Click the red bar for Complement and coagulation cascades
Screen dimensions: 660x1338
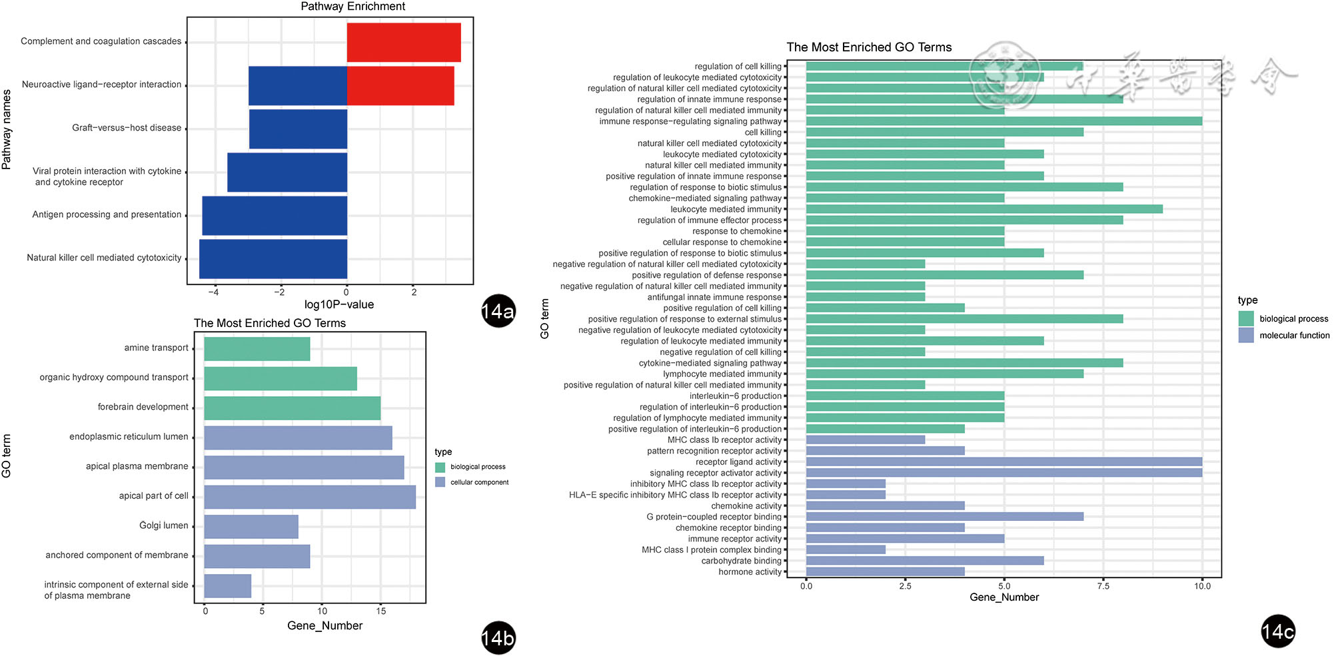404,42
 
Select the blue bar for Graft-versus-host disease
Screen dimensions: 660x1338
298,129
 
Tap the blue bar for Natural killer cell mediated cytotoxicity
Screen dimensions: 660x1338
273,258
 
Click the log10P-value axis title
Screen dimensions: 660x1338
338,304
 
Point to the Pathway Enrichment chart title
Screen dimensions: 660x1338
352,7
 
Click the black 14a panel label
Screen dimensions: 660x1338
498,311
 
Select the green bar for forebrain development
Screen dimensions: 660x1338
292,408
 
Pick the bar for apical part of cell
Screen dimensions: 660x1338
310,497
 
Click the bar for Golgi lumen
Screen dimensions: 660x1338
251,526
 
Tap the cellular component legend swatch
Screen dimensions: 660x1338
440,482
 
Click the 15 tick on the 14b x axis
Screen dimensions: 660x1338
380,611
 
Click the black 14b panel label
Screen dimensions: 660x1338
498,638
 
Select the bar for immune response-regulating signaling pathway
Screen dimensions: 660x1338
1003,121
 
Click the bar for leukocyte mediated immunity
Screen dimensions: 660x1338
984,209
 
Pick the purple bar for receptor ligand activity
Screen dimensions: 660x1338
1003,462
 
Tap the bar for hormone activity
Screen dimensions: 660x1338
885,571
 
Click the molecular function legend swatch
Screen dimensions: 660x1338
1246,335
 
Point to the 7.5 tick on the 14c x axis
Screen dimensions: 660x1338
1103,586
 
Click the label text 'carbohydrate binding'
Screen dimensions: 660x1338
741,561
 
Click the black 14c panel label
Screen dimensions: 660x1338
1277,631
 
